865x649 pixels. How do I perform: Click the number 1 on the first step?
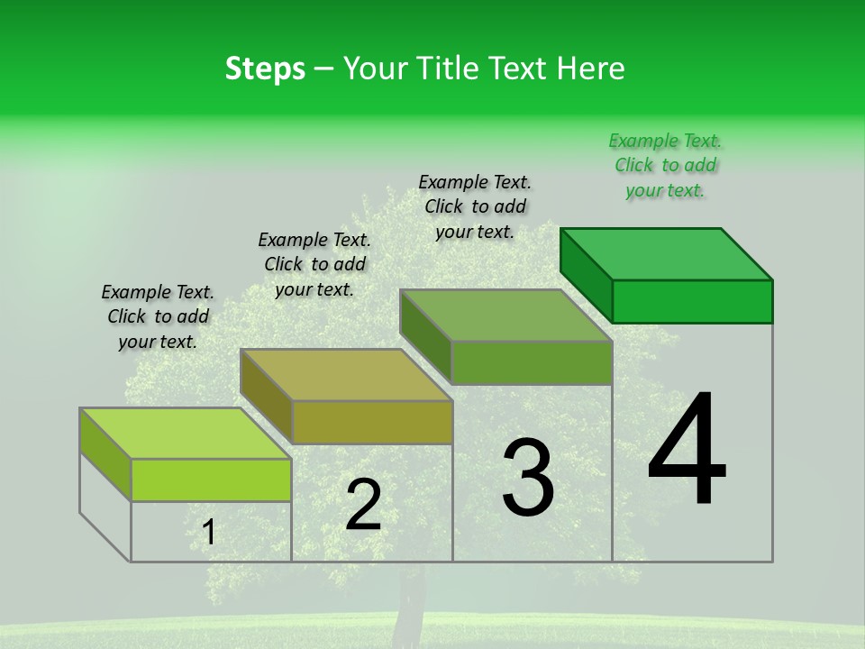[x=209, y=533]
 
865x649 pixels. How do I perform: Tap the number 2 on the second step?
[x=363, y=505]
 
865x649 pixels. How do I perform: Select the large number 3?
[x=528, y=477]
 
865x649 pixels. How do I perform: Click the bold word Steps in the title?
[x=265, y=69]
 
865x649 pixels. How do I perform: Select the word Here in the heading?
[x=591, y=69]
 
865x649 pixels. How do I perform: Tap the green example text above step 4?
[x=665, y=165]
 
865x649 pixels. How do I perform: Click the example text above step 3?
[x=475, y=206]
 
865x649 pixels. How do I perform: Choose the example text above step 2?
[x=314, y=264]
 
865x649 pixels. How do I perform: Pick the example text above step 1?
[x=158, y=316]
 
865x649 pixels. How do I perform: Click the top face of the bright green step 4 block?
[x=667, y=253]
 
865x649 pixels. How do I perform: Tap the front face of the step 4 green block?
[x=692, y=301]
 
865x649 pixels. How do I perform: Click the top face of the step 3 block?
[x=506, y=315]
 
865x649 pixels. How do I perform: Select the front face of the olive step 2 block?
[x=372, y=422]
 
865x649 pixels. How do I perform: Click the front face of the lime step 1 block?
[x=211, y=480]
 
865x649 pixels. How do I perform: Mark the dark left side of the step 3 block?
[x=425, y=334]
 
